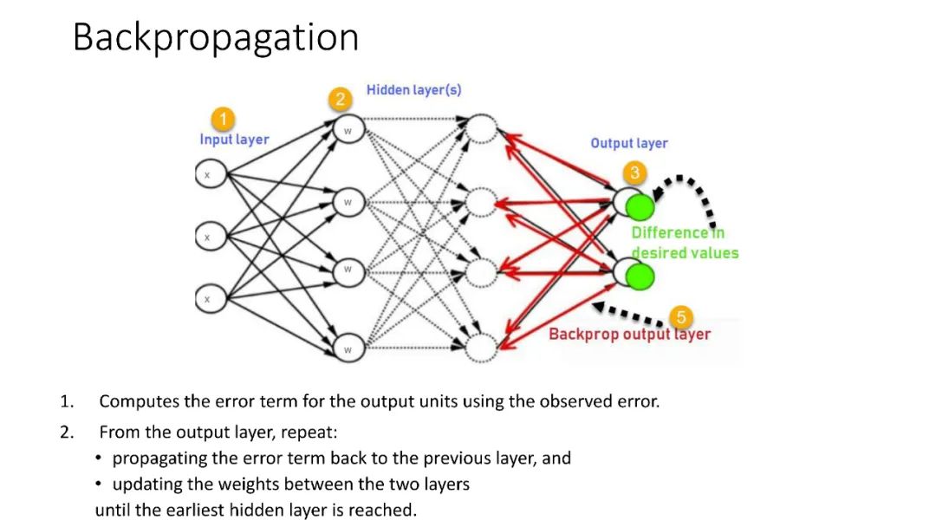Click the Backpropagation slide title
coord(215,38)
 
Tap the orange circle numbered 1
coord(224,119)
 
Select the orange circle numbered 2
coord(341,99)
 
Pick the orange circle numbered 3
coord(634,172)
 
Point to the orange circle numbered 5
coord(681,317)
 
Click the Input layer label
coord(234,140)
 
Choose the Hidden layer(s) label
coord(414,90)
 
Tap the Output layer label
coord(629,143)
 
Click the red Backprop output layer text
coord(629,335)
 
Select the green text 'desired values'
coord(685,253)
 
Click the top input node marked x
coord(207,174)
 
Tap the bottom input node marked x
coord(207,299)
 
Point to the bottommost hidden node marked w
coord(348,349)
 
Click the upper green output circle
coord(640,207)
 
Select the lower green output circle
coord(640,277)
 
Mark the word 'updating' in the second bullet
coord(145,484)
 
